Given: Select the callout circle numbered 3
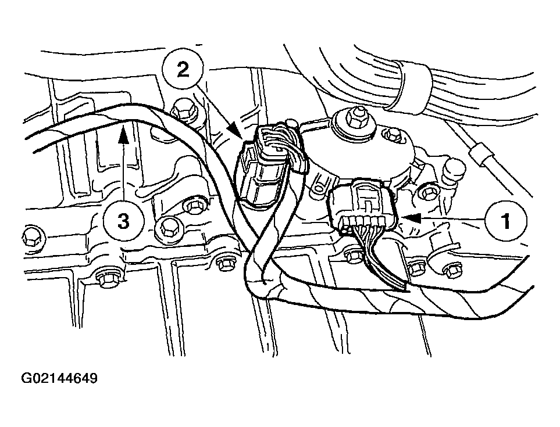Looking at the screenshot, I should (123, 220).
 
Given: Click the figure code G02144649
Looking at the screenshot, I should (59, 379).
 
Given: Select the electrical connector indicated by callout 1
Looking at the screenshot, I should (363, 208).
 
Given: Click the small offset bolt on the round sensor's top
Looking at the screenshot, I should (394, 137).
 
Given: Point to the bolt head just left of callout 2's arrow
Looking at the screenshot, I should (185, 108).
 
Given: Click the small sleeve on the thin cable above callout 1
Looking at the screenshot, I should (481, 155).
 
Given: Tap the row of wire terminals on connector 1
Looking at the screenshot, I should (363, 221).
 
